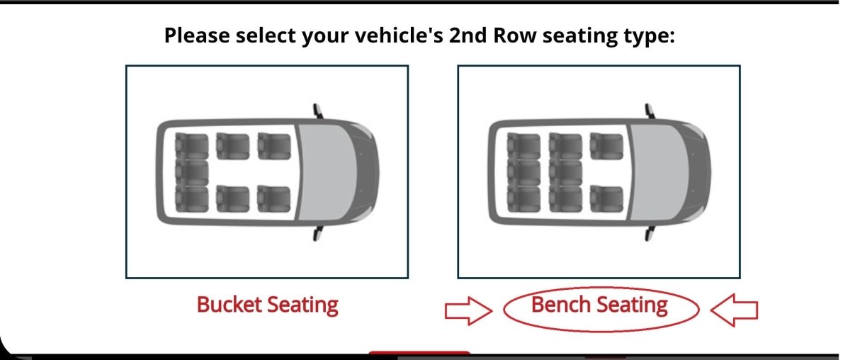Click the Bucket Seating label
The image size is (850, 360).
[267, 305]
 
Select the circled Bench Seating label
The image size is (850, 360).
[599, 305]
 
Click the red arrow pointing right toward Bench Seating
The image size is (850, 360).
[468, 310]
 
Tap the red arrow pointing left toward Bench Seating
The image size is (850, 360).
[735, 310]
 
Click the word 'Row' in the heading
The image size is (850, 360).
[521, 35]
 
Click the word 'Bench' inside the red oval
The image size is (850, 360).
[561, 305]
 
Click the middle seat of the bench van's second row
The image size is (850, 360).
[565, 171]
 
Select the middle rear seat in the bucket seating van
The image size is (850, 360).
[192, 171]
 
